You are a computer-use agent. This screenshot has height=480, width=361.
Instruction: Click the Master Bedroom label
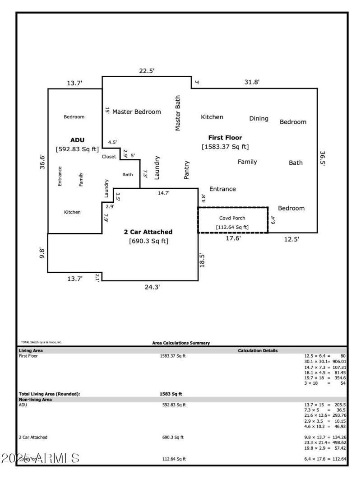pos(136,112)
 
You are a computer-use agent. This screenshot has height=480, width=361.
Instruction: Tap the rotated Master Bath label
pos(178,113)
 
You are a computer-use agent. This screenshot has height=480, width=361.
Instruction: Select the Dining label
pos(259,118)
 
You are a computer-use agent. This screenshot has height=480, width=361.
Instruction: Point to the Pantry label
pos(187,170)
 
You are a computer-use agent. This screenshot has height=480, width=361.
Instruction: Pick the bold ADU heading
pos(78,140)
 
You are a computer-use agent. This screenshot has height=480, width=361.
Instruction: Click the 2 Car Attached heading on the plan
pos(148,232)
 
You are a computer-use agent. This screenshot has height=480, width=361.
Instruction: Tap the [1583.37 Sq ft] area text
pos(225,146)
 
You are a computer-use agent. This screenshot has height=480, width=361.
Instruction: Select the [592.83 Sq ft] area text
pos(77,149)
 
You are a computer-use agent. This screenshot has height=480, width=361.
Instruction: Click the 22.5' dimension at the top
pos(146,71)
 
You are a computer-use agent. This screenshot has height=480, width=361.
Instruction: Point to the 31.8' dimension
pos(252,82)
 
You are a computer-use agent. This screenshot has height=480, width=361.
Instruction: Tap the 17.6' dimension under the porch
pos(233,238)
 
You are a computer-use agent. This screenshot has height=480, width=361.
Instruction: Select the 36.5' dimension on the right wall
pos(322,159)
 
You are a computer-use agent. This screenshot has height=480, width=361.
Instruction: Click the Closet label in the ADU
pos(109,156)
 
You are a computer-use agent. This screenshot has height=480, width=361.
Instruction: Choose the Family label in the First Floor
pos(247,162)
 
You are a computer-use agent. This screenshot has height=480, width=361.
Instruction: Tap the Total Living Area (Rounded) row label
pos(49,394)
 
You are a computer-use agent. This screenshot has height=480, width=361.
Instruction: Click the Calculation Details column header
pos(258,350)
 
